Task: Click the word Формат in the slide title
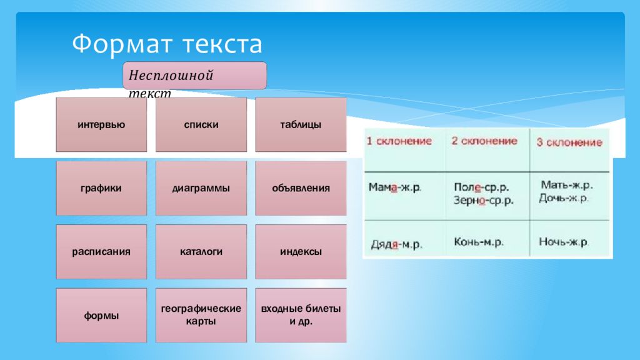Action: tap(124, 44)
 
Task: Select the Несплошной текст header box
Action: tap(195, 76)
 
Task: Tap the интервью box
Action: tap(101, 124)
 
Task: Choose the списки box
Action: tap(201, 124)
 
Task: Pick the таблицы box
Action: tap(301, 124)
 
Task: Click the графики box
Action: tap(101, 188)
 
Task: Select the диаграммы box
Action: tap(201, 188)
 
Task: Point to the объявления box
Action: tap(301, 188)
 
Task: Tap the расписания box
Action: tap(101, 252)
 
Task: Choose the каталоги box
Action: tap(201, 252)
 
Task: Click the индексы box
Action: tap(301, 252)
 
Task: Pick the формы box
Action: tap(101, 316)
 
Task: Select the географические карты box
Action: tap(201, 316)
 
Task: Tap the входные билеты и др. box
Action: tap(301, 316)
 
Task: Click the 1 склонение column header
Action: tap(399, 141)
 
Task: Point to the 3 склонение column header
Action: tap(569, 142)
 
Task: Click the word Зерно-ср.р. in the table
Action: tap(483, 201)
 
